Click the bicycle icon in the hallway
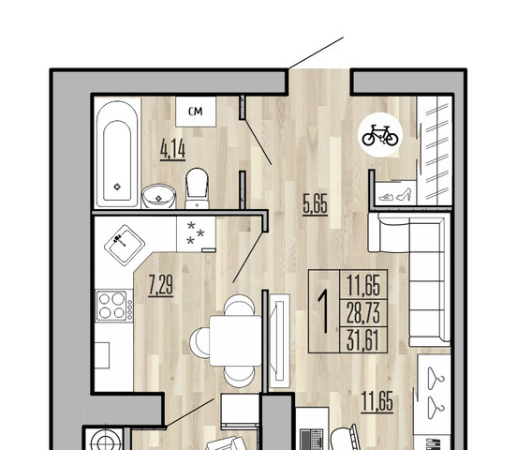(x=380, y=135)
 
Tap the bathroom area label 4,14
(x=172, y=149)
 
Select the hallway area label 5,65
(x=316, y=204)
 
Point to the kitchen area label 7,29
(x=160, y=285)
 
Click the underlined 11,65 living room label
(x=377, y=402)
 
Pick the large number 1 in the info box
(x=324, y=310)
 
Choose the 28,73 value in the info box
(x=363, y=313)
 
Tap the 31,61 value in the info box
(x=363, y=340)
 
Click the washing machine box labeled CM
(x=196, y=112)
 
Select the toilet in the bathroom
(x=197, y=188)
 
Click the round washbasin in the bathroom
(x=158, y=197)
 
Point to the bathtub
(x=117, y=154)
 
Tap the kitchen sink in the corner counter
(x=125, y=245)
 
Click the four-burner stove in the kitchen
(x=114, y=306)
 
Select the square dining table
(x=235, y=340)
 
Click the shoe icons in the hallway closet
(x=395, y=195)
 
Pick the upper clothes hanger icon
(x=436, y=379)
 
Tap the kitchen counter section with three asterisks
(x=196, y=234)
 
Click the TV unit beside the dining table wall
(x=280, y=340)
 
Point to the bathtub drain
(x=117, y=187)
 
